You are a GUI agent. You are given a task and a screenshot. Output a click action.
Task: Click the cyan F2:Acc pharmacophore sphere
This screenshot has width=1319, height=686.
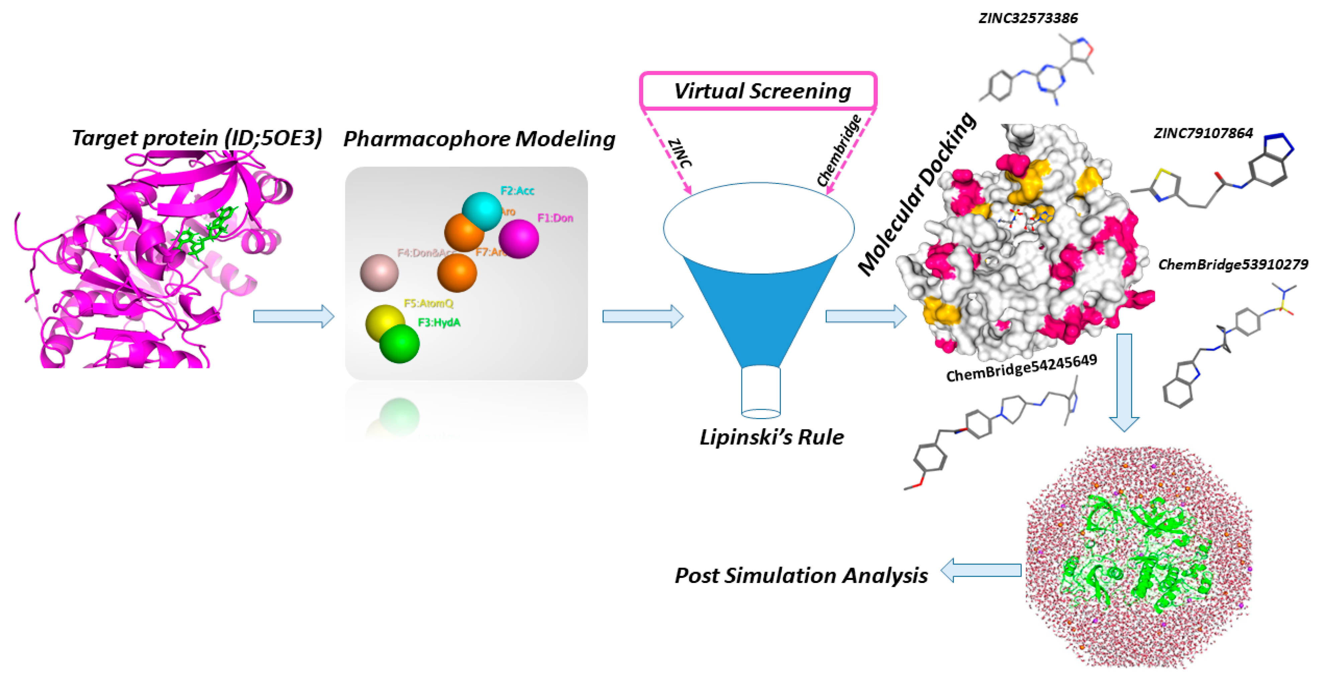482,211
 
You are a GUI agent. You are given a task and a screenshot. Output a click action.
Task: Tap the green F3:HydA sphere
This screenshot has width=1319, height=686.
399,344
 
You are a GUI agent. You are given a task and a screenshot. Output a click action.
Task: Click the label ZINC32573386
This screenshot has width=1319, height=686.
1028,18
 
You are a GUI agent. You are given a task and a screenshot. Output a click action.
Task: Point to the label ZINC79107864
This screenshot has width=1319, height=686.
1203,133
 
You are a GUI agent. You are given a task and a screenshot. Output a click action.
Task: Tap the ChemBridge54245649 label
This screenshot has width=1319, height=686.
1021,368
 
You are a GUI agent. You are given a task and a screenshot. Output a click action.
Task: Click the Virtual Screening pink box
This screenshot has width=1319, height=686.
758,91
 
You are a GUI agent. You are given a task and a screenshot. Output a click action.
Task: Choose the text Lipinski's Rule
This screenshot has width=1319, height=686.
772,437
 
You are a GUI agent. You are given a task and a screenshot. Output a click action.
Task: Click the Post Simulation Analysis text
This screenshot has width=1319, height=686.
801,575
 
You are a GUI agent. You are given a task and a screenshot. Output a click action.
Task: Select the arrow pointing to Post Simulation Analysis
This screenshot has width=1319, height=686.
981,570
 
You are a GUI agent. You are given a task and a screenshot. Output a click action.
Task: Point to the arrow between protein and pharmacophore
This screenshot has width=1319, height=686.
293,316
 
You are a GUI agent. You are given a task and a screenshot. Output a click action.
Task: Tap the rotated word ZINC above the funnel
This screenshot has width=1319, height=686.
680,153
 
